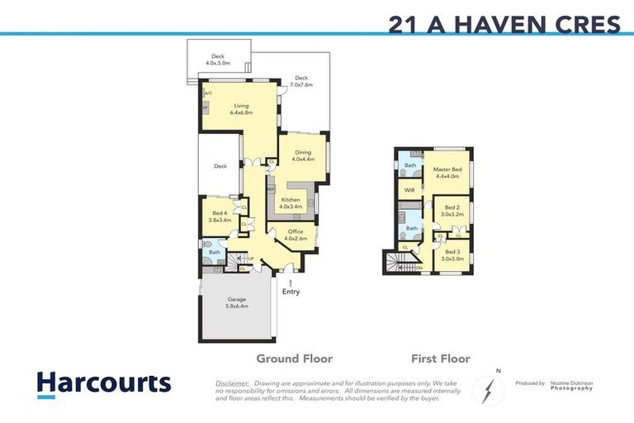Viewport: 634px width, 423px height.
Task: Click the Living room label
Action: pos(241,109)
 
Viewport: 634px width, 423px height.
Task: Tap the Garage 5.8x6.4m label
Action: pos(237,302)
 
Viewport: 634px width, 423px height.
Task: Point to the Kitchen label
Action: pos(291,203)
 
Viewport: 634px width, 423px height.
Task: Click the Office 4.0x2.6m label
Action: pos(295,235)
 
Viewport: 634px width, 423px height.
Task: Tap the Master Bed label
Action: pos(447,172)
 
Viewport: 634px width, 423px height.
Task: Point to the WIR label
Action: pos(409,191)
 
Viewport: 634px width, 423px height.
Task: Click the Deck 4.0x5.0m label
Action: pos(218,59)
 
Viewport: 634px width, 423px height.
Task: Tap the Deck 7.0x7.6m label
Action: pos(301,81)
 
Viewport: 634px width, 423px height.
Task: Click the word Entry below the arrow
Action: pos(291,292)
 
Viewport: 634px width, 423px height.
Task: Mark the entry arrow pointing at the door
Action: pos(291,281)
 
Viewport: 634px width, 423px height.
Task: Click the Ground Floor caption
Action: pos(294,359)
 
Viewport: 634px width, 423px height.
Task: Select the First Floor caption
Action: pos(441,359)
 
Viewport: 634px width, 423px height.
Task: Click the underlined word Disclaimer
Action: pos(233,383)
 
